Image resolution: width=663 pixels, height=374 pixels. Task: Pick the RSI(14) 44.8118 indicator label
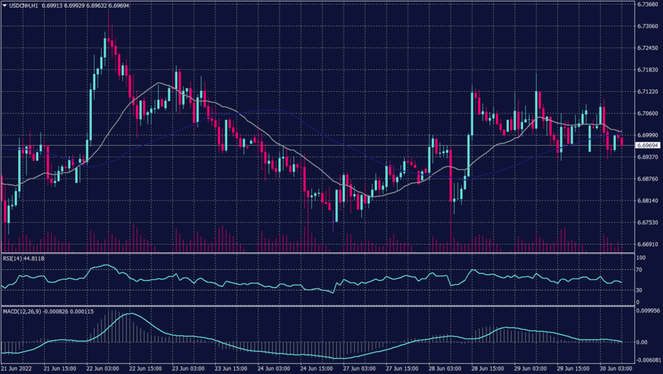point(25,258)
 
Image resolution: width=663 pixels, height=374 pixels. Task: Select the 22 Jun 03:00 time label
point(102,369)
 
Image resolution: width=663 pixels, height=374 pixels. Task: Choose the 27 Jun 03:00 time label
point(359,369)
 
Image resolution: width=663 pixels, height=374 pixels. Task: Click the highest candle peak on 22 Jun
point(110,25)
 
